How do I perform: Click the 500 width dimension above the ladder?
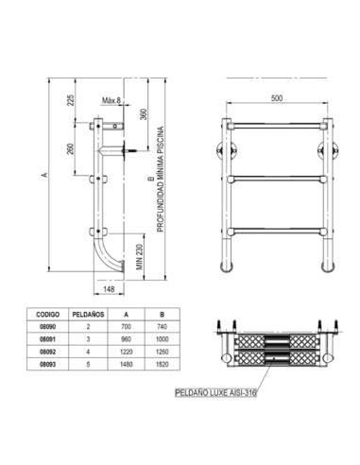[275, 97]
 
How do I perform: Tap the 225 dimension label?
[69, 100]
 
